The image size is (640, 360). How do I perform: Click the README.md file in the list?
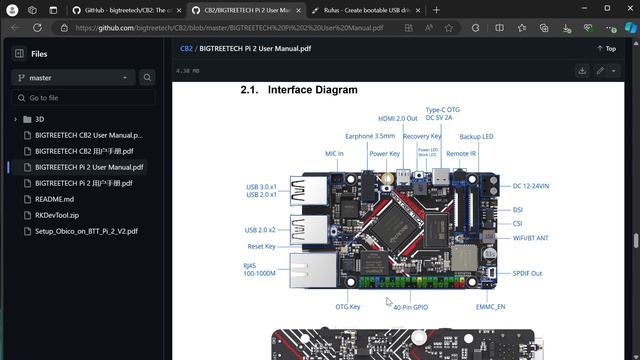55,199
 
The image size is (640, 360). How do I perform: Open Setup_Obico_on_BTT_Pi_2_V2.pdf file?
86,231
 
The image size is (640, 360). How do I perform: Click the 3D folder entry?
40,119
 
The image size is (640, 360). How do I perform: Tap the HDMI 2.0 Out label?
397,118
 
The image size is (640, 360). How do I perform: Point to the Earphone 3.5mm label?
370,136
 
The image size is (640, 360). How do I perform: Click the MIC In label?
334,154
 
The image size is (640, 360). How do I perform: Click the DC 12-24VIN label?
532,186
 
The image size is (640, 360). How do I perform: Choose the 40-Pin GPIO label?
410,307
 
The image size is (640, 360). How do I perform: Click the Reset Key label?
261,246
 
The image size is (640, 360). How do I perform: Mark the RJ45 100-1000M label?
260,269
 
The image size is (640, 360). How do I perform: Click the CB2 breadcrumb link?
186,48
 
